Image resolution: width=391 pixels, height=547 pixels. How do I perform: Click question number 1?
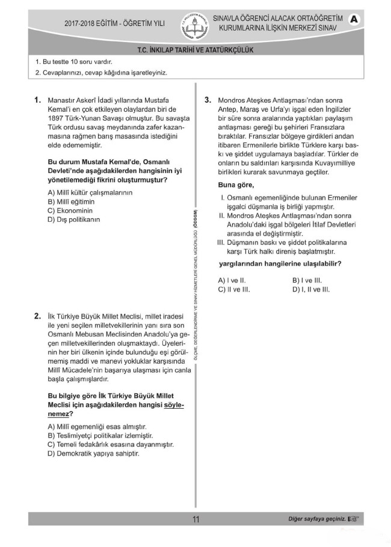pyautogui.click(x=37, y=100)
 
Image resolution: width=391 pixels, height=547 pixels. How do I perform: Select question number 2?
pyautogui.click(x=37, y=315)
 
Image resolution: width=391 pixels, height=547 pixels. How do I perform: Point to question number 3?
pyautogui.click(x=207, y=100)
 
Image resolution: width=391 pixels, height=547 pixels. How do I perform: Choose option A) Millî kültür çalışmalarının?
pyautogui.click(x=90, y=192)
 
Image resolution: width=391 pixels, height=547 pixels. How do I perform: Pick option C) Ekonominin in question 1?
pyautogui.click(x=70, y=210)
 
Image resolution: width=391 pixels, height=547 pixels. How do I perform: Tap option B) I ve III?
pyautogui.click(x=307, y=280)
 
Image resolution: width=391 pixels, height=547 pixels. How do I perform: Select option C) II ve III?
pyautogui.click(x=233, y=289)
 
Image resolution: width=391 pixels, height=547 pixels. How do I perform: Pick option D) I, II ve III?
pyautogui.click(x=310, y=289)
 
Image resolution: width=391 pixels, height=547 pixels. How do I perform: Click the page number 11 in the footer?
pyautogui.click(x=195, y=519)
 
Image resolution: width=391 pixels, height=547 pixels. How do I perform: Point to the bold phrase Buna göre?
pyautogui.click(x=236, y=185)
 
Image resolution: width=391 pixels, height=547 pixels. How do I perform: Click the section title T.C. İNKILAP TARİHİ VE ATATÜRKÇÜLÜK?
pyautogui.click(x=195, y=50)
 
